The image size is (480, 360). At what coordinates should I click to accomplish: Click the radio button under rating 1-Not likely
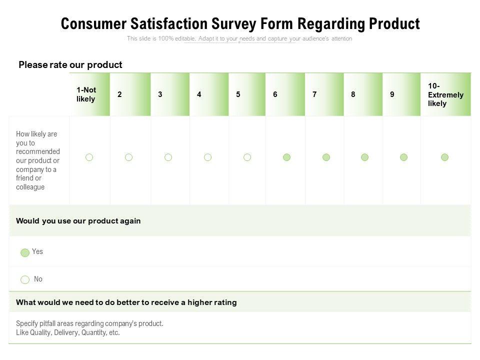pyautogui.click(x=89, y=157)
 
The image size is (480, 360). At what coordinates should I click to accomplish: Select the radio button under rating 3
pyautogui.click(x=168, y=157)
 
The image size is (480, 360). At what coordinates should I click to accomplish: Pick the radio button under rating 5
pyautogui.click(x=247, y=157)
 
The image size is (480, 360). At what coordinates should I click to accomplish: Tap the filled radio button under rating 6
pyautogui.click(x=286, y=157)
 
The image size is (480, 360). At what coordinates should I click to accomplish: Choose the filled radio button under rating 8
pyautogui.click(x=364, y=157)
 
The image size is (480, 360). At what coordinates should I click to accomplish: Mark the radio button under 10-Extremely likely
pyautogui.click(x=444, y=157)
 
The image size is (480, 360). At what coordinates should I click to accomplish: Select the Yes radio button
pyautogui.click(x=25, y=252)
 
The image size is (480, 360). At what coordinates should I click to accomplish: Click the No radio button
pyautogui.click(x=25, y=279)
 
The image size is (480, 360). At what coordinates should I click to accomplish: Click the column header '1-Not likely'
pyautogui.click(x=86, y=94)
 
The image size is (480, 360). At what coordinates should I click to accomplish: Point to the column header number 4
pyautogui.click(x=199, y=94)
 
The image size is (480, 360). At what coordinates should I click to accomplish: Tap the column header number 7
pyautogui.click(x=314, y=94)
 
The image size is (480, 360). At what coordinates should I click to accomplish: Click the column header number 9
pyautogui.click(x=392, y=94)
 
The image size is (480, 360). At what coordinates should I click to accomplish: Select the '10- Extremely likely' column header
pyautogui.click(x=445, y=94)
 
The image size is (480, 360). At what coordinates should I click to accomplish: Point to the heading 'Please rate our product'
pyautogui.click(x=70, y=65)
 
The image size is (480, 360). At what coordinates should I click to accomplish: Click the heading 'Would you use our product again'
pyautogui.click(x=78, y=221)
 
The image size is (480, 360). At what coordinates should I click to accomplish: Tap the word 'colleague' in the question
pyautogui.click(x=30, y=187)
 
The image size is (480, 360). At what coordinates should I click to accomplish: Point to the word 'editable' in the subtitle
pyautogui.click(x=185, y=39)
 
